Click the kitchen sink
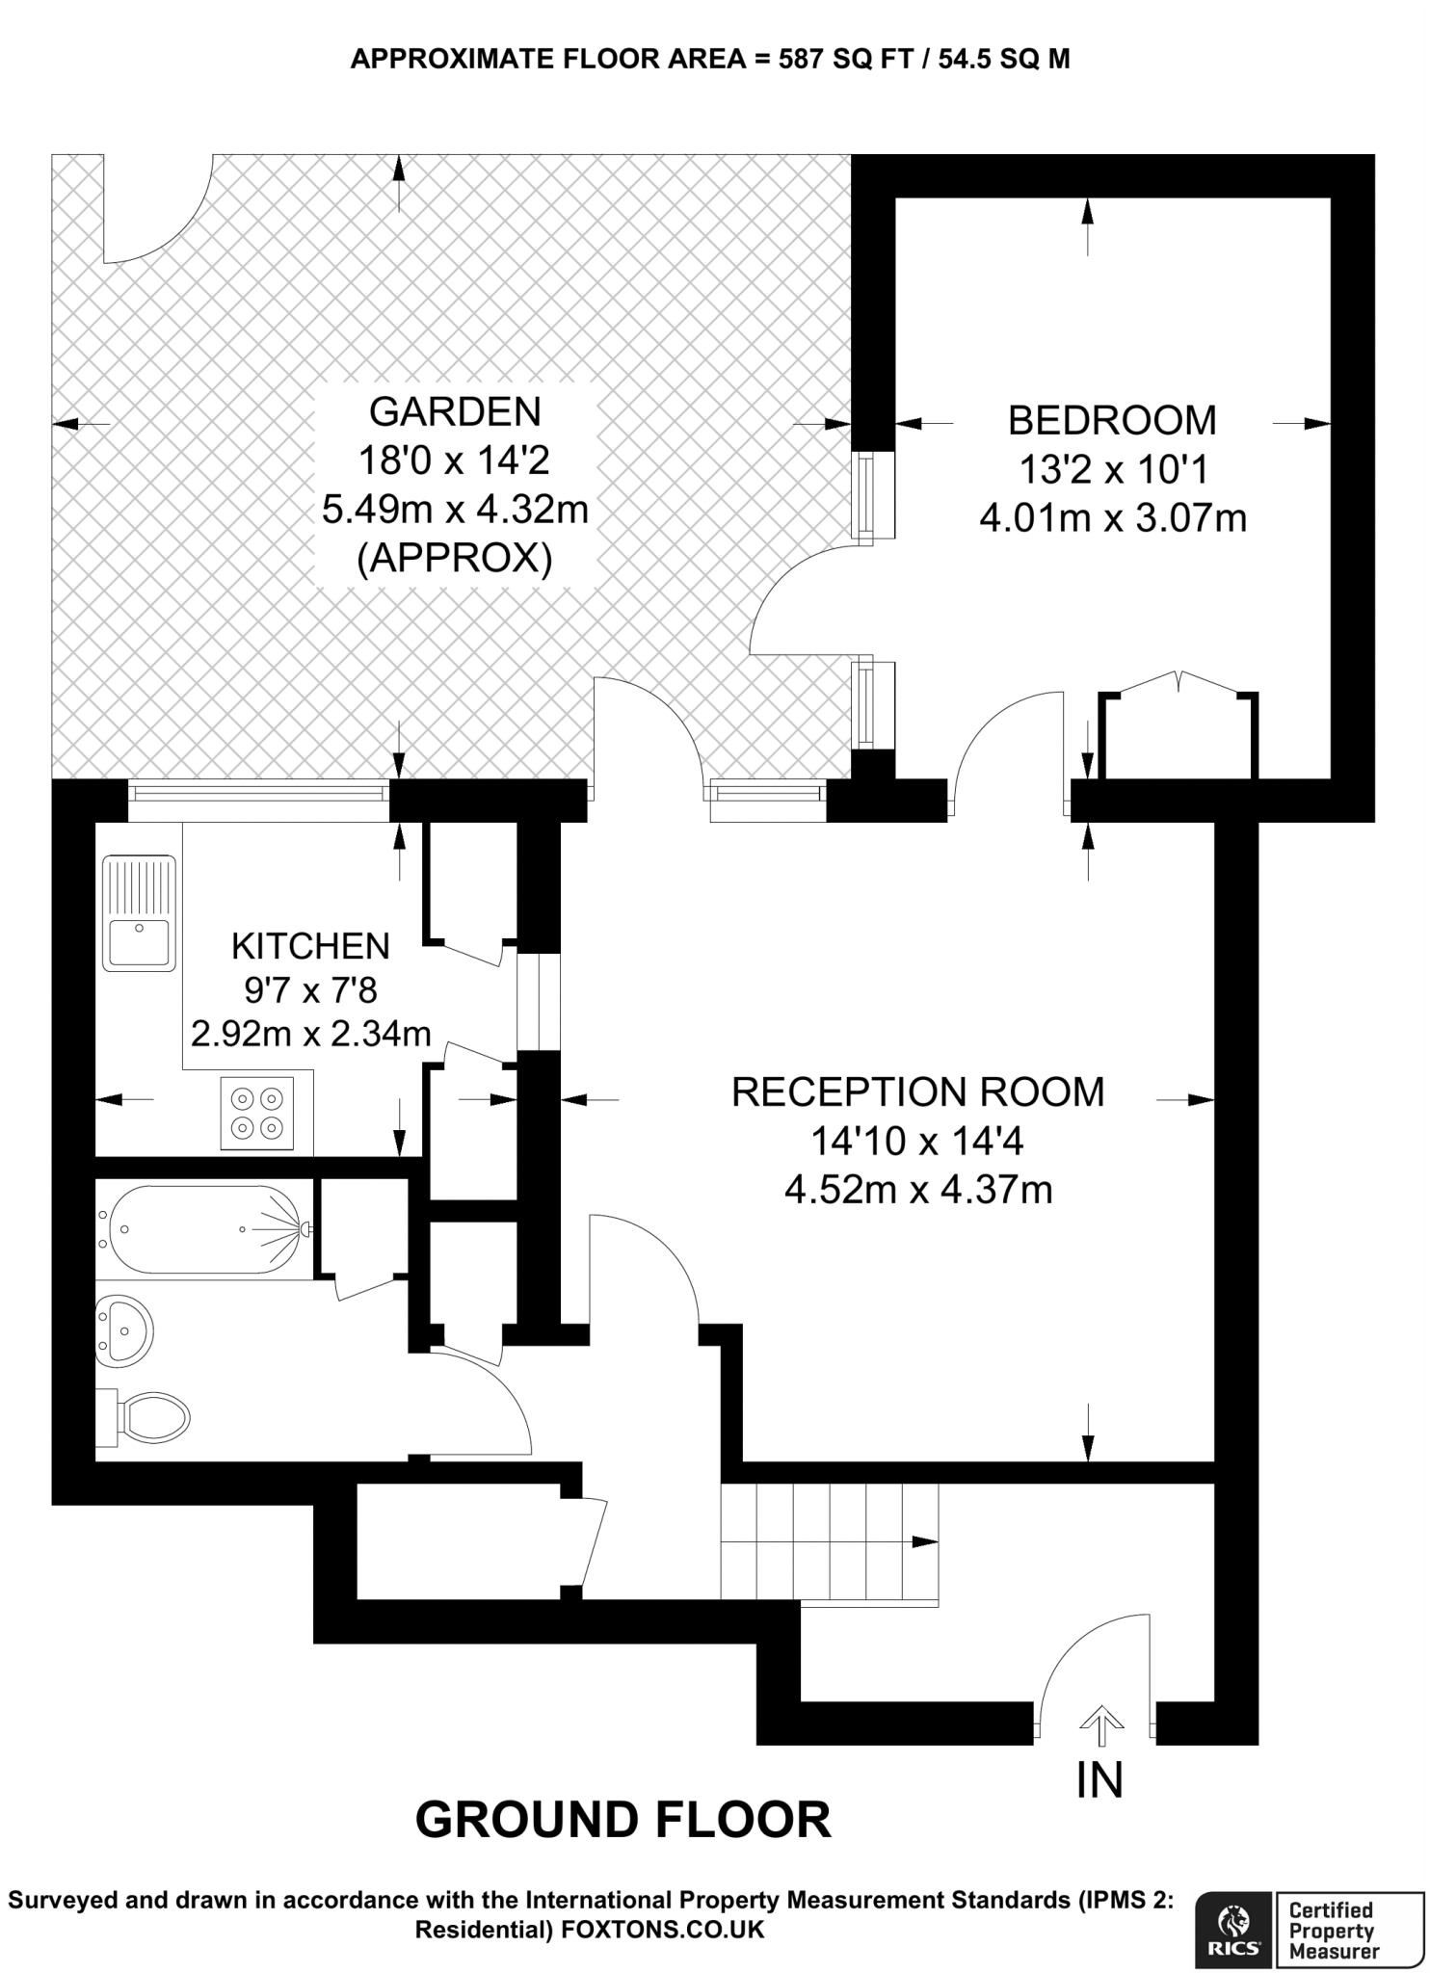tap(140, 912)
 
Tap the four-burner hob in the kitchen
tap(257, 1113)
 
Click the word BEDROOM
tap(1112, 421)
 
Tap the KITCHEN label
tap(310, 946)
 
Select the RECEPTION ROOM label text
tap(917, 1092)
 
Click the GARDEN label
tap(455, 411)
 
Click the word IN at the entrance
tap(1100, 1780)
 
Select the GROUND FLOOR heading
tap(622, 1820)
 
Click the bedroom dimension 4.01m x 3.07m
tap(1113, 518)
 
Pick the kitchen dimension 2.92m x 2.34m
tap(310, 1034)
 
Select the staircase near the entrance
tap(830, 1543)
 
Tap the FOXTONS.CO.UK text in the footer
tap(663, 1930)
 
